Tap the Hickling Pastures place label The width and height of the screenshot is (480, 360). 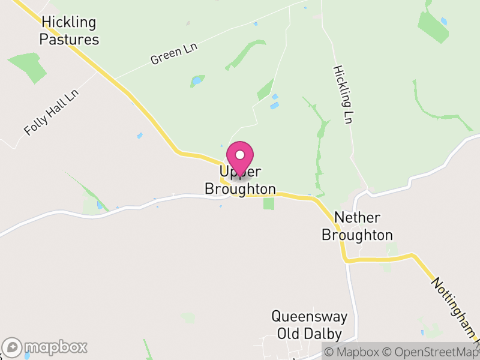[x=69, y=31]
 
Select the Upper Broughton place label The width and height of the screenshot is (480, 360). [x=240, y=181]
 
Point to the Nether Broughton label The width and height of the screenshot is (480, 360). [x=357, y=226]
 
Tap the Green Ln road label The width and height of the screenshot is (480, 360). [x=174, y=54]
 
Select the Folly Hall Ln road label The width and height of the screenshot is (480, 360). [x=52, y=113]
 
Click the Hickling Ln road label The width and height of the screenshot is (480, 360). [x=342, y=94]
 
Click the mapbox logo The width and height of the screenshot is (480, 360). [x=45, y=347]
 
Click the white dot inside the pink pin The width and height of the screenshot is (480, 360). [x=240, y=155]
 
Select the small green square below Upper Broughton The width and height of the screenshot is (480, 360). [x=269, y=203]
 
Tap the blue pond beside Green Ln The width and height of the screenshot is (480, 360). [x=196, y=80]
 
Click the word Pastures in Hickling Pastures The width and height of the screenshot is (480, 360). [x=69, y=40]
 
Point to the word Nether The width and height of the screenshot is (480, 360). [x=357, y=218]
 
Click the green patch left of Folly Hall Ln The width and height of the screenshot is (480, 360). [x=28, y=67]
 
